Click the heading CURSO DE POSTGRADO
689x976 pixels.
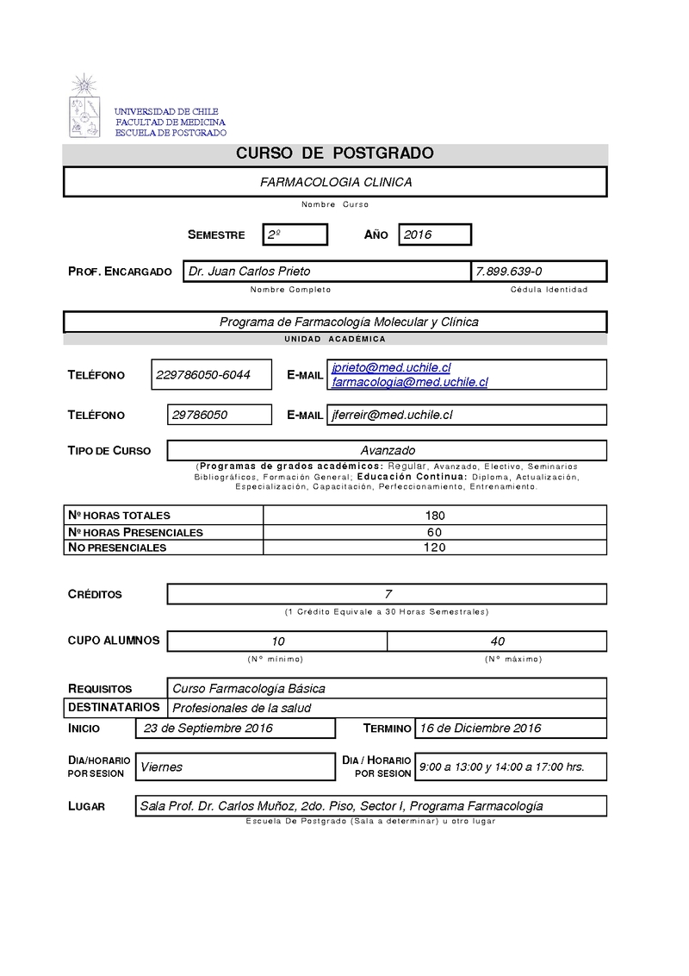pos(335,154)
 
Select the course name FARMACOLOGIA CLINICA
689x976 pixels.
pos(336,182)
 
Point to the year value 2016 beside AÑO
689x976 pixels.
pos(418,235)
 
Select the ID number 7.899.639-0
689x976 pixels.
pos(508,272)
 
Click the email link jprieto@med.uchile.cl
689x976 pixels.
pos(391,368)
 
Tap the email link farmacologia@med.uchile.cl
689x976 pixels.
pos(410,381)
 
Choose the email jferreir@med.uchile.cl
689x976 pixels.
pos(392,415)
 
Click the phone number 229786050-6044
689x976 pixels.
pos(203,375)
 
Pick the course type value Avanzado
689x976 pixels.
pos(388,450)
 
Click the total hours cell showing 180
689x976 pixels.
pos(435,516)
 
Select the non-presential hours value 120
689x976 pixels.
pos(435,547)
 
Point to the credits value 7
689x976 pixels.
pos(388,594)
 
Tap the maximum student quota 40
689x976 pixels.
pos(497,641)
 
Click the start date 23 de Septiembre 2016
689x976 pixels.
pos(208,729)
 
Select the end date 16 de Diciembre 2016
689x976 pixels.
pos(480,729)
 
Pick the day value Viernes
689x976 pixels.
pos(162,766)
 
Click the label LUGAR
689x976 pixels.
pos(86,806)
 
